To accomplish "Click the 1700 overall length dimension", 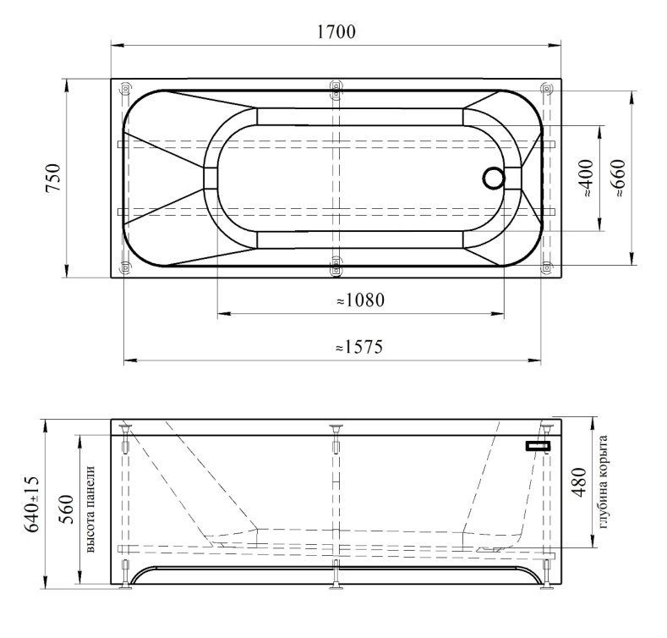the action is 336,31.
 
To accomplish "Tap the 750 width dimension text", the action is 53,178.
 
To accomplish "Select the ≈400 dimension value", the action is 587,178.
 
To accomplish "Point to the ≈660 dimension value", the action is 618,178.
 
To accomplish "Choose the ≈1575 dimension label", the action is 359,347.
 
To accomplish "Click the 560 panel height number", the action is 66,509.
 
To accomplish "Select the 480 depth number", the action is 578,482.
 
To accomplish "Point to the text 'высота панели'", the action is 90,509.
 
